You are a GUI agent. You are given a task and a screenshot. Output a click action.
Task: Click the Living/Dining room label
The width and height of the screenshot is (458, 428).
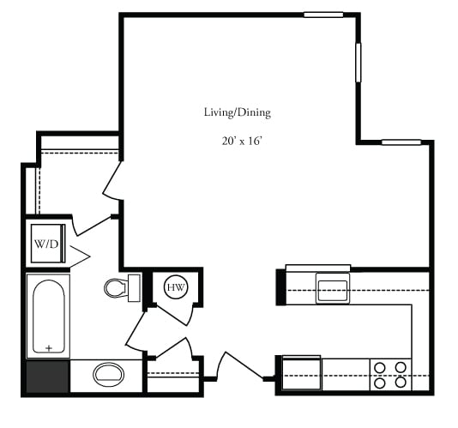[238, 112]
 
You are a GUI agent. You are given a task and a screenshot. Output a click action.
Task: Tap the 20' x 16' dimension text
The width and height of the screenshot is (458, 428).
[241, 142]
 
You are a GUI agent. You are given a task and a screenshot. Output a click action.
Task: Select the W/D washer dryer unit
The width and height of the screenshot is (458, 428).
[48, 244]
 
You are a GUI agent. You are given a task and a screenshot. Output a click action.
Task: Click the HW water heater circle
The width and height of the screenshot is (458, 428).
[176, 287]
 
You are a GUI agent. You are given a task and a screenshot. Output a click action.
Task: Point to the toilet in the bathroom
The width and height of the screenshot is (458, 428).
[122, 288]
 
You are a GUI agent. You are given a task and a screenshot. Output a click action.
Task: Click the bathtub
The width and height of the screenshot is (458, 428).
[49, 316]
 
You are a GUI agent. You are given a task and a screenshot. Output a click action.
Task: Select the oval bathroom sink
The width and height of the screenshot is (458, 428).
[108, 374]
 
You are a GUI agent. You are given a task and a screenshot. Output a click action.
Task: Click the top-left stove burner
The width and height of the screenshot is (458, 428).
[380, 367]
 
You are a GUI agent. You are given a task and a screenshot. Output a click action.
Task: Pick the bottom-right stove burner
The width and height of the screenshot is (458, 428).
[401, 383]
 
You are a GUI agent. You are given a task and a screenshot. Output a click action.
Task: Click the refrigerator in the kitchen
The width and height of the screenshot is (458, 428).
[301, 372]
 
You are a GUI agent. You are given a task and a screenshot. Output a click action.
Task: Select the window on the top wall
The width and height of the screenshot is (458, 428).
[323, 15]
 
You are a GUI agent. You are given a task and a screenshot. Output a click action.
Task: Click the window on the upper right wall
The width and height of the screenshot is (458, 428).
[359, 63]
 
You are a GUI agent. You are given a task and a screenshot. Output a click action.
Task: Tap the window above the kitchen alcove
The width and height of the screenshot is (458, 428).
[401, 142]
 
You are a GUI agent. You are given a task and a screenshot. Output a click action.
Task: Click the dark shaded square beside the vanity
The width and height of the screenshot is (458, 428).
[48, 377]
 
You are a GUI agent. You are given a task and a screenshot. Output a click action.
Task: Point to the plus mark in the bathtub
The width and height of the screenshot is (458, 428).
[49, 348]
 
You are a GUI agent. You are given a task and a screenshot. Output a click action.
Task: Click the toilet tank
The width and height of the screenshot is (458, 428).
[135, 288]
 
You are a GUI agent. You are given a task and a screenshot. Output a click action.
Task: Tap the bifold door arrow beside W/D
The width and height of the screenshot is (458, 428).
[80, 256]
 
